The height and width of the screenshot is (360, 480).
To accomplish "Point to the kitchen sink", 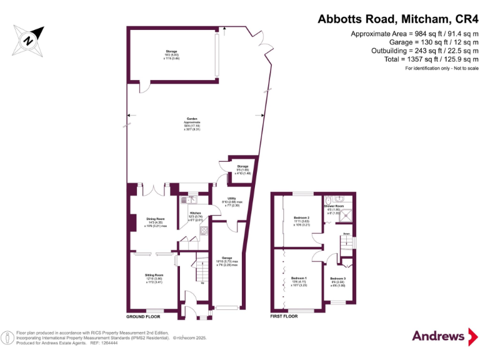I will click(x=186, y=200).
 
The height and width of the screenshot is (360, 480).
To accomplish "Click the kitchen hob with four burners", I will click(x=204, y=231).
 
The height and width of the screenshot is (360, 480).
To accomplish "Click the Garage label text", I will click(x=226, y=257).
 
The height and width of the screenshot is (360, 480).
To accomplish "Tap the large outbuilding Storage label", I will click(x=171, y=51).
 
